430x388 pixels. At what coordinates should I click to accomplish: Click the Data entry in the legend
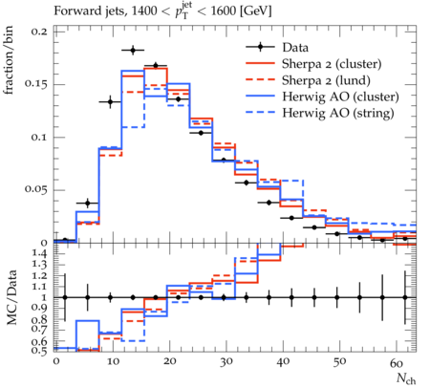point(295,48)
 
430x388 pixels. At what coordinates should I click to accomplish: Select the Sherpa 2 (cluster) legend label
point(332,64)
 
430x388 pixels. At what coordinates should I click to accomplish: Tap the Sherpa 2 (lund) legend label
point(326,80)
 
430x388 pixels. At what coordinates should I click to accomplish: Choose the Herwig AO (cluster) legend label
point(340,97)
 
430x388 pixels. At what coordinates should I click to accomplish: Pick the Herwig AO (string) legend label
point(338,113)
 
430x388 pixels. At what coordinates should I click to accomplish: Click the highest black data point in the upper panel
point(133,50)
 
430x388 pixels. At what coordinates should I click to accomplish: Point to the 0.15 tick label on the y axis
point(35,84)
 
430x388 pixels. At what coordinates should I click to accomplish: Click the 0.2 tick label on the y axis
point(39,32)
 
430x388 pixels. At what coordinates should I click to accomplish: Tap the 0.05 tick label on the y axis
point(35,190)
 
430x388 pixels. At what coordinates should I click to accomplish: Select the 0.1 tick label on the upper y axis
point(39,138)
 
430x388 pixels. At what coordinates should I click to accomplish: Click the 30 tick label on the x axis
point(226,362)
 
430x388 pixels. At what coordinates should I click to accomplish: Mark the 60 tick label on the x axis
point(397,362)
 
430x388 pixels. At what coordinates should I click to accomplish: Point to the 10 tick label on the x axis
point(113,362)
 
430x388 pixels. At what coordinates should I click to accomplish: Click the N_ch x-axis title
point(406,378)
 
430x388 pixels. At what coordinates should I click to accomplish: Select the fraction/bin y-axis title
point(9,60)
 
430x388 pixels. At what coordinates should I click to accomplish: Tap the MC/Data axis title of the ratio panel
point(11,297)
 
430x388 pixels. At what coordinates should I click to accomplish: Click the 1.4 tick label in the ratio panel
point(41,254)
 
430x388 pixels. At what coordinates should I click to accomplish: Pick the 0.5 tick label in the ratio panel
point(41,350)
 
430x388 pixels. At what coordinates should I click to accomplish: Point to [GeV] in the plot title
point(256,11)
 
